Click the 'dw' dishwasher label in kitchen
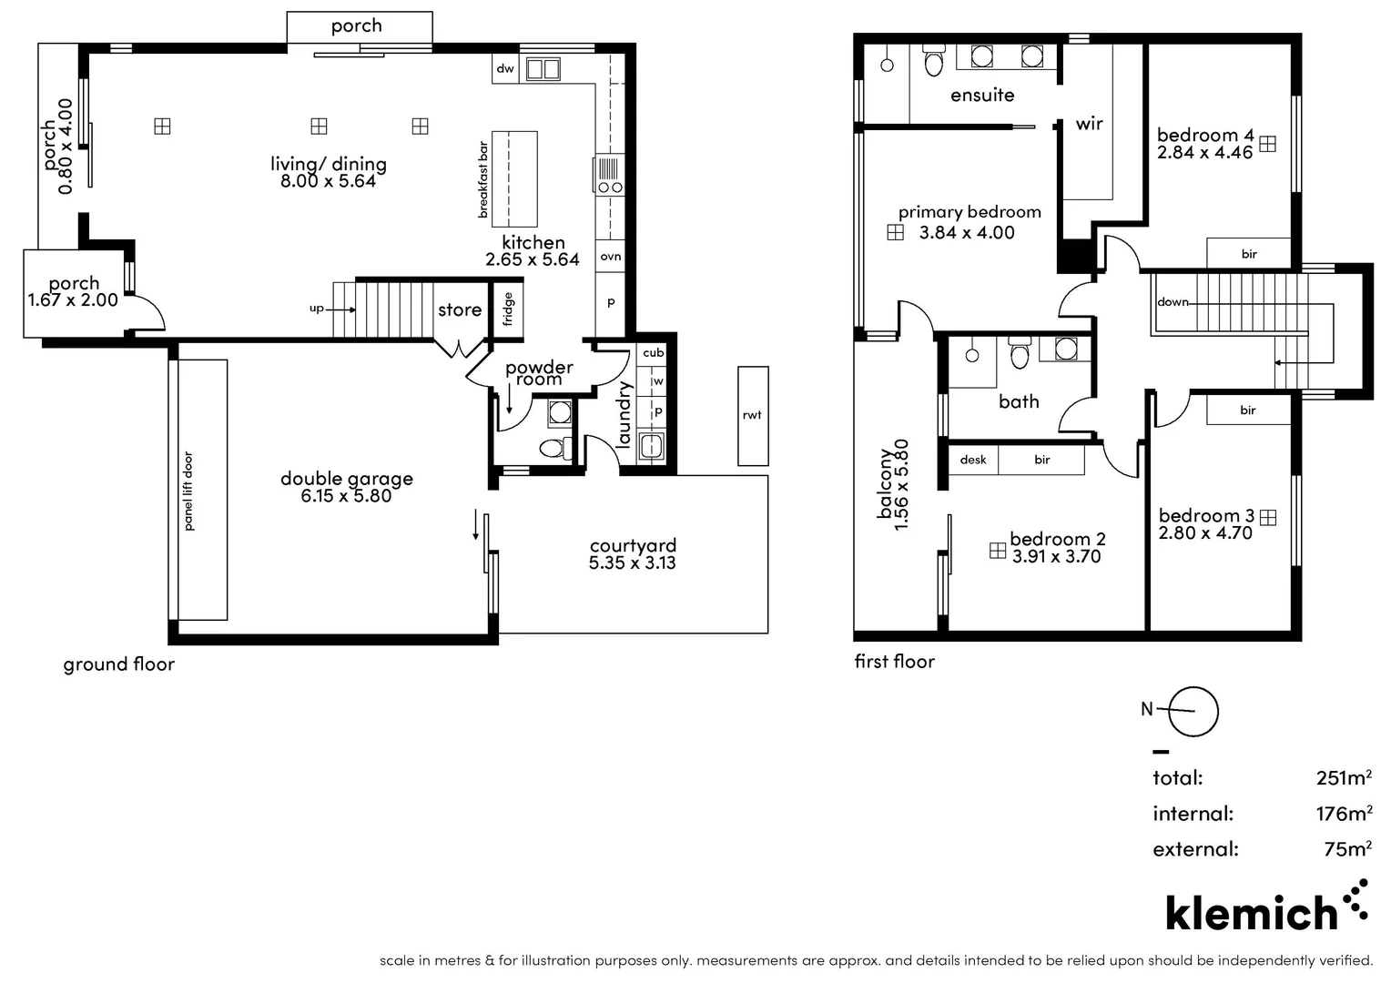click(x=505, y=68)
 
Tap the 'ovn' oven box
click(x=610, y=257)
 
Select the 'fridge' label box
click(x=508, y=309)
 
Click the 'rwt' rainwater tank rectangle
click(x=752, y=415)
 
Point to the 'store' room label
click(x=460, y=310)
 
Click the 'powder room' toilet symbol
click(x=553, y=448)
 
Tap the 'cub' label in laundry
click(x=653, y=353)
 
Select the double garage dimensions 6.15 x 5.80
click(x=346, y=496)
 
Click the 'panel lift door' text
click(x=188, y=491)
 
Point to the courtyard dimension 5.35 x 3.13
click(x=632, y=562)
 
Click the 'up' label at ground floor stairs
click(x=316, y=309)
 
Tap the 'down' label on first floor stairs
click(x=1173, y=302)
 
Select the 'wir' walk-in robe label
click(x=1089, y=124)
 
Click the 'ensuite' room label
click(x=981, y=95)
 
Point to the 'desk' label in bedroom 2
click(x=972, y=460)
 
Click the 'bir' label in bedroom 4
click(x=1248, y=254)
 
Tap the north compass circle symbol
click(x=1193, y=712)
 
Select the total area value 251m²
click(x=1344, y=777)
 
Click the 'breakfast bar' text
click(x=483, y=179)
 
